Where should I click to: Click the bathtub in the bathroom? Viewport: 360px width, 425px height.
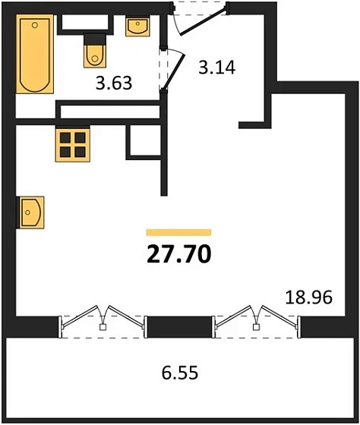35,55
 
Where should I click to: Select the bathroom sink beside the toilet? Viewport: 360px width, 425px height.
137,27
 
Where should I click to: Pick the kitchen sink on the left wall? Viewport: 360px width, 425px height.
30,212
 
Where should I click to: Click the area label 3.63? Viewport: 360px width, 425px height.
114,83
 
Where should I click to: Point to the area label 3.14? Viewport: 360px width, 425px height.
216,67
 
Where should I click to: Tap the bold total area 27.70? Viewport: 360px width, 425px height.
178,253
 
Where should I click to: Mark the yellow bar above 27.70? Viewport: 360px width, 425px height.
178,232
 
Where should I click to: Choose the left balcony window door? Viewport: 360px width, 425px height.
103,319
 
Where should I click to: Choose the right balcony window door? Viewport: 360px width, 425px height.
257,319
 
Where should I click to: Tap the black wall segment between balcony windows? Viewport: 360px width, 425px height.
178,326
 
